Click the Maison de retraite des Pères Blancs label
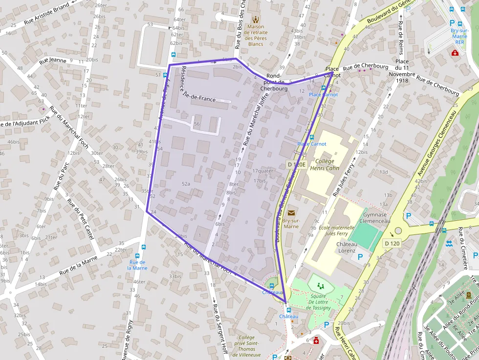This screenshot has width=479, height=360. (x=255, y=36)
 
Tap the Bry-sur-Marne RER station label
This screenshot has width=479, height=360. (x=459, y=36)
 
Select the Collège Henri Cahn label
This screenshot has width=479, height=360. (x=324, y=164)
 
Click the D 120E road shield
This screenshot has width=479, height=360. (x=296, y=165)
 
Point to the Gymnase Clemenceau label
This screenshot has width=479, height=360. (x=374, y=217)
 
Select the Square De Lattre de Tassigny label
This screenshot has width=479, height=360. (x=318, y=302)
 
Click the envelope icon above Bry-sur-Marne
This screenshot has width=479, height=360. (x=291, y=212)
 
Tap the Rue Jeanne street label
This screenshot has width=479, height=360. (x=53, y=61)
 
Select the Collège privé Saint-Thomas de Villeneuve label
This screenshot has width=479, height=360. (x=246, y=346)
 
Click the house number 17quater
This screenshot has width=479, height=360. (x=262, y=171)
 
